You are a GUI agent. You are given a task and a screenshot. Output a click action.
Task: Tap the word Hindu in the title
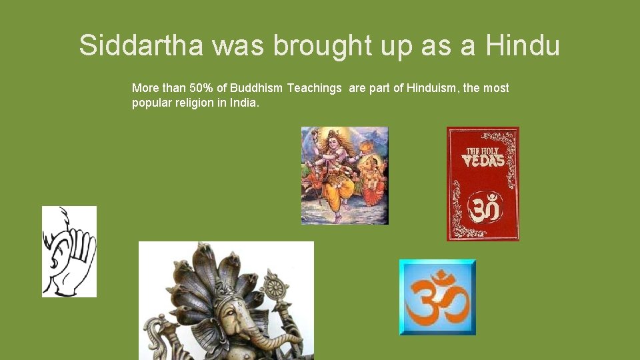[523, 45]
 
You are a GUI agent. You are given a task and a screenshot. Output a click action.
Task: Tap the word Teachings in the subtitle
[315, 88]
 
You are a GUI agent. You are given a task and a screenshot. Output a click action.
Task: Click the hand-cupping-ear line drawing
[69, 251]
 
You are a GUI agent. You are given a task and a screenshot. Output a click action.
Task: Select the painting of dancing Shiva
[344, 175]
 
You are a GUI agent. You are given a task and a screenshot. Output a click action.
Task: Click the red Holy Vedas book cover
[483, 183]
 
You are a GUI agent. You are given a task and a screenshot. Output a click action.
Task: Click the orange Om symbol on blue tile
[437, 297]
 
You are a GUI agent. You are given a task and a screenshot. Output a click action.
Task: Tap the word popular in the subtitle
[151, 104]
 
